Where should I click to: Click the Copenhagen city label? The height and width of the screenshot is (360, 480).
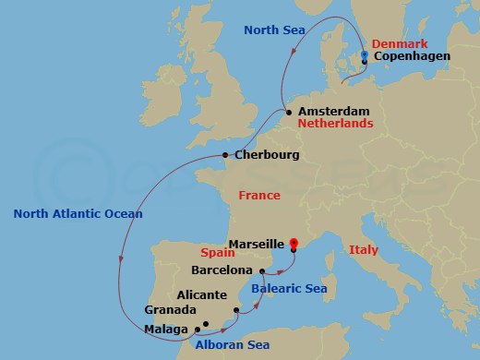pos(412,57)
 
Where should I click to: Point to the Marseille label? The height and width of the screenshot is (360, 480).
pos(254,246)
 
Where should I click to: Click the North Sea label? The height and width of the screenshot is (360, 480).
pos(273,30)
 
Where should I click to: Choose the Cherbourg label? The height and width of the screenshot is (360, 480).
pos(267,155)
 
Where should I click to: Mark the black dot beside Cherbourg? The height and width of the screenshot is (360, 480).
pos(225,155)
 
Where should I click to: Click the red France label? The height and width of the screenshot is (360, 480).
pos(258,196)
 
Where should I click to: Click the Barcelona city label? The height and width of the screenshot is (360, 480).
pos(221,270)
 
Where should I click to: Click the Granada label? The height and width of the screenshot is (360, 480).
pos(171,310)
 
